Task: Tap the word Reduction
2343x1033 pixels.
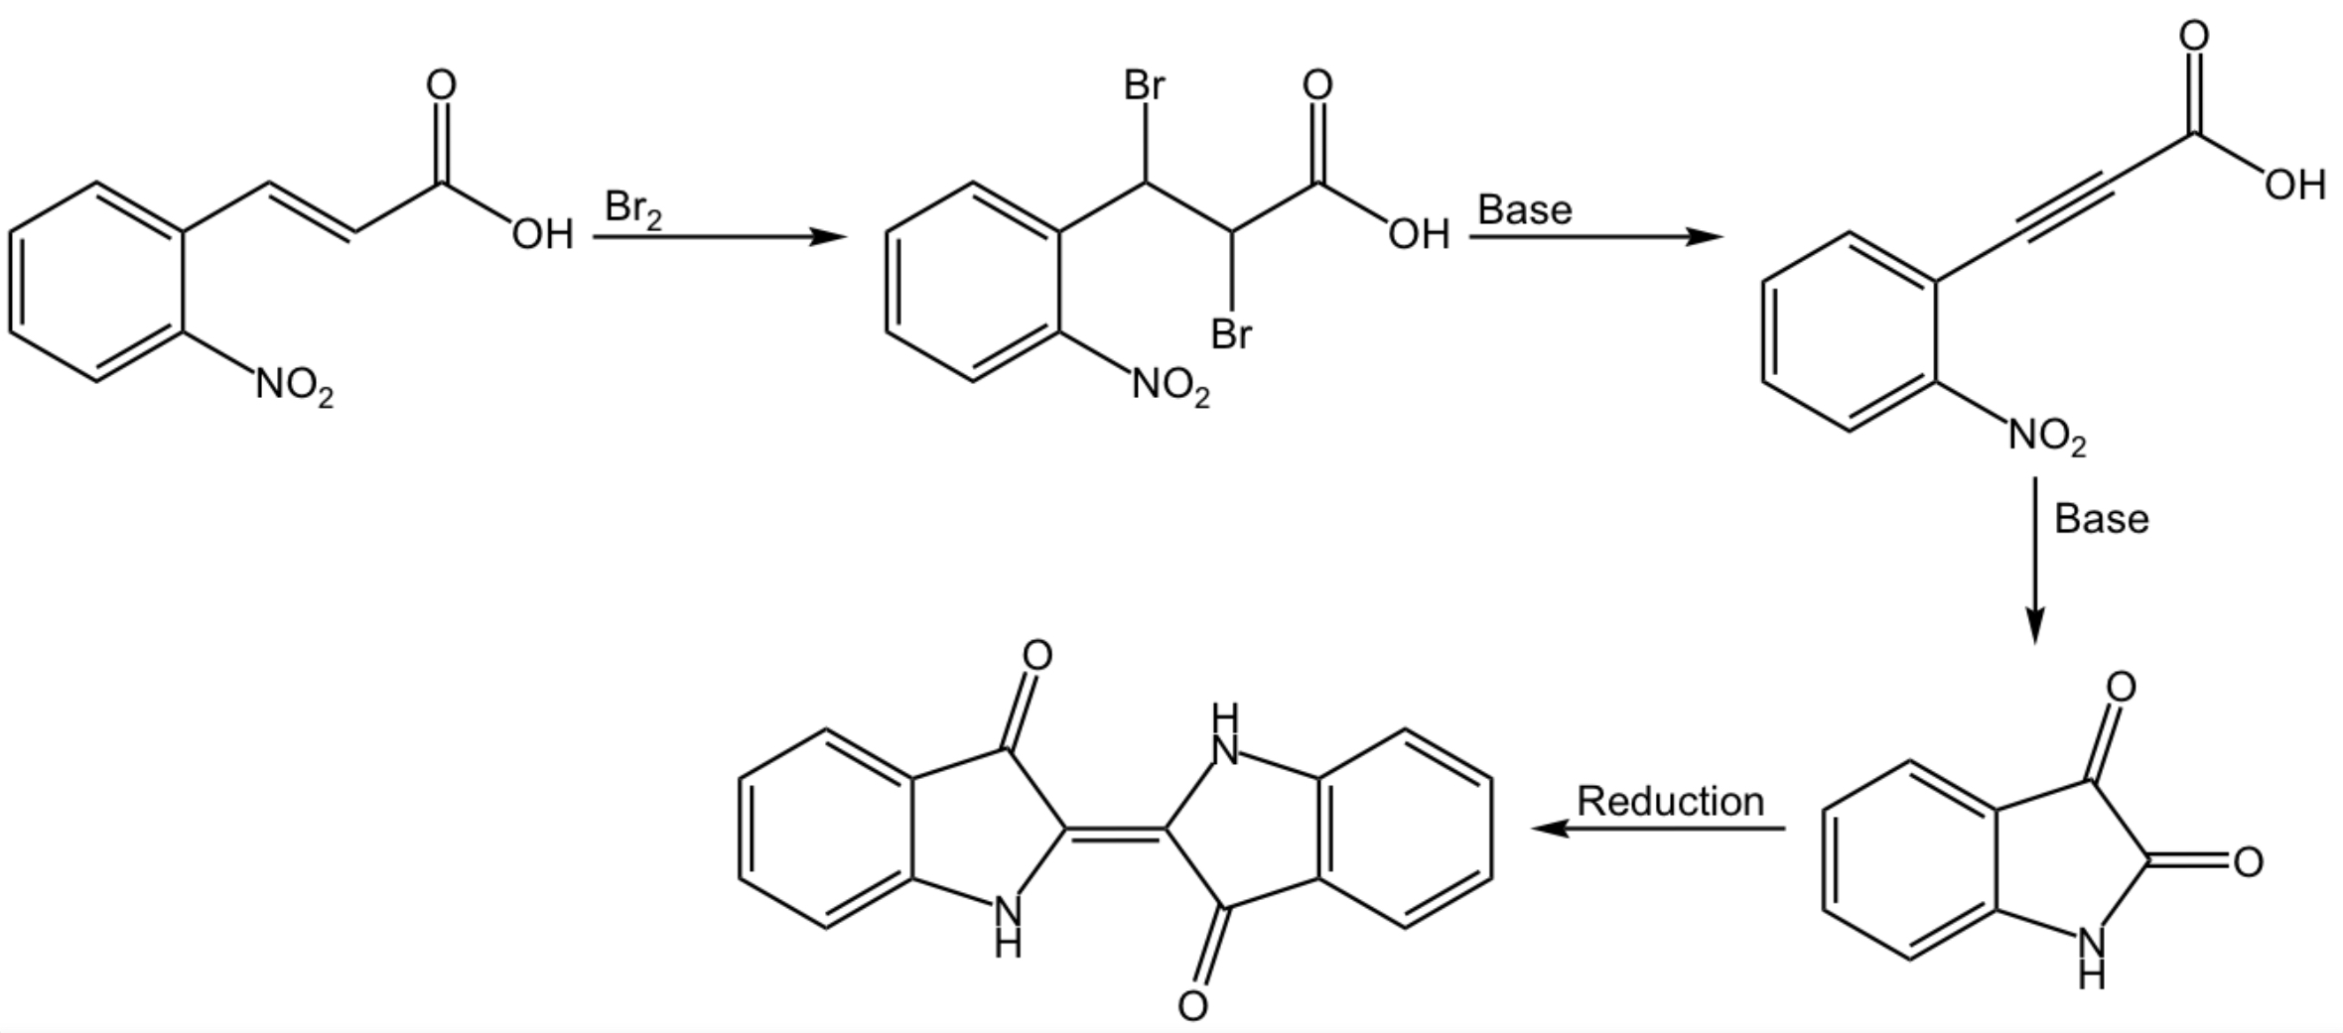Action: tap(1671, 802)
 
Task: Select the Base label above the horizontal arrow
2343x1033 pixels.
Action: tap(1525, 210)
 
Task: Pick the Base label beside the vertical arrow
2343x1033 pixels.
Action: tap(2102, 519)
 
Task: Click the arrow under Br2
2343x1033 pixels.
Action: tap(720, 237)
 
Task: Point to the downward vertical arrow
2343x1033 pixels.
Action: tap(2035, 561)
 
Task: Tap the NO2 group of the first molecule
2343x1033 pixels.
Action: tap(295, 386)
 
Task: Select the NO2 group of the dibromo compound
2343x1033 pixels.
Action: tap(1171, 386)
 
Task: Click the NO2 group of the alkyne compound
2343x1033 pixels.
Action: tap(2047, 437)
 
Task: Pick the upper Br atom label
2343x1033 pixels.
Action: tap(1145, 86)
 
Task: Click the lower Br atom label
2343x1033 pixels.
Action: tap(1232, 334)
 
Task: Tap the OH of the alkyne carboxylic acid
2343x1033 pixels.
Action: tap(2295, 186)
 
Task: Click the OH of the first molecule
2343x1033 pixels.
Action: tap(543, 235)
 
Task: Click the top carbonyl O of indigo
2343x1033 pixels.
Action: tap(1036, 655)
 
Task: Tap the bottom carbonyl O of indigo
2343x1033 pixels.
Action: tap(1193, 1006)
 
